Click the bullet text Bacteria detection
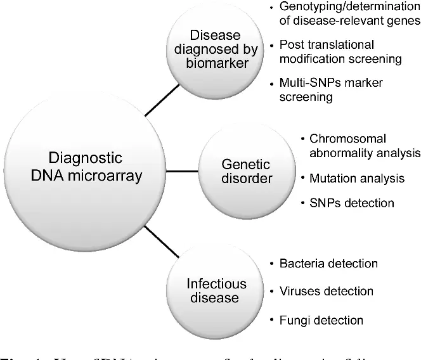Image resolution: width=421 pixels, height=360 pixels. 328,263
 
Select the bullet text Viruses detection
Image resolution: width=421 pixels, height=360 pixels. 326,292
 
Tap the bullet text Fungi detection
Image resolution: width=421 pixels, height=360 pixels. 321,320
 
